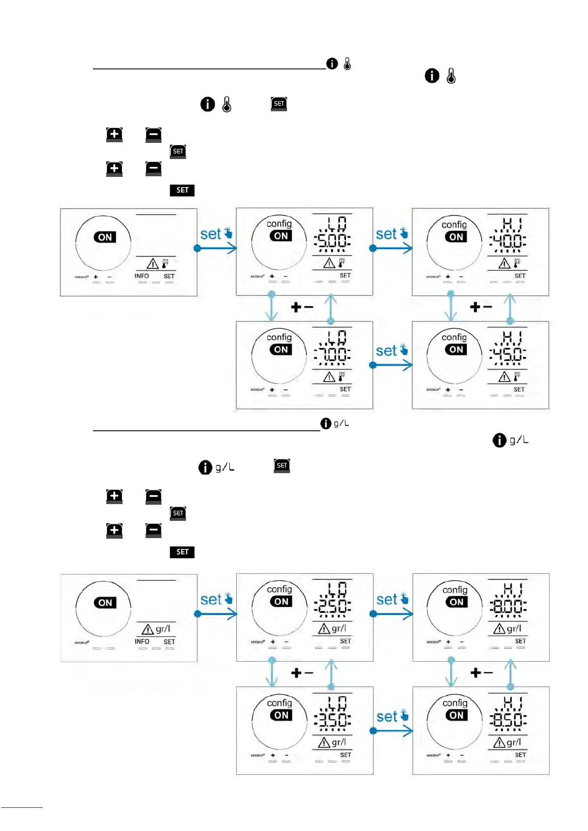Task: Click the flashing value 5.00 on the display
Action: click(x=333, y=241)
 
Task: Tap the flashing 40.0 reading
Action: click(x=508, y=241)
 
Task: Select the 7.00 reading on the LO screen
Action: click(x=333, y=354)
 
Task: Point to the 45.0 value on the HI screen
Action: click(x=508, y=354)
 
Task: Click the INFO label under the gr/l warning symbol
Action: click(x=142, y=641)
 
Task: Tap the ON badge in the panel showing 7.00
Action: click(x=281, y=350)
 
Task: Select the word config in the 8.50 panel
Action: click(x=455, y=703)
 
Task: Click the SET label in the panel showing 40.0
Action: click(x=520, y=276)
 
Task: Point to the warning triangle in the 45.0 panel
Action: click(x=504, y=377)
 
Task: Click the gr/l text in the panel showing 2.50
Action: click(x=339, y=628)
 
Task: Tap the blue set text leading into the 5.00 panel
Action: click(x=211, y=234)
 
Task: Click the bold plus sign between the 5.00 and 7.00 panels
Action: click(x=296, y=308)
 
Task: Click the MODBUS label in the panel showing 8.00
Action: click(x=433, y=642)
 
